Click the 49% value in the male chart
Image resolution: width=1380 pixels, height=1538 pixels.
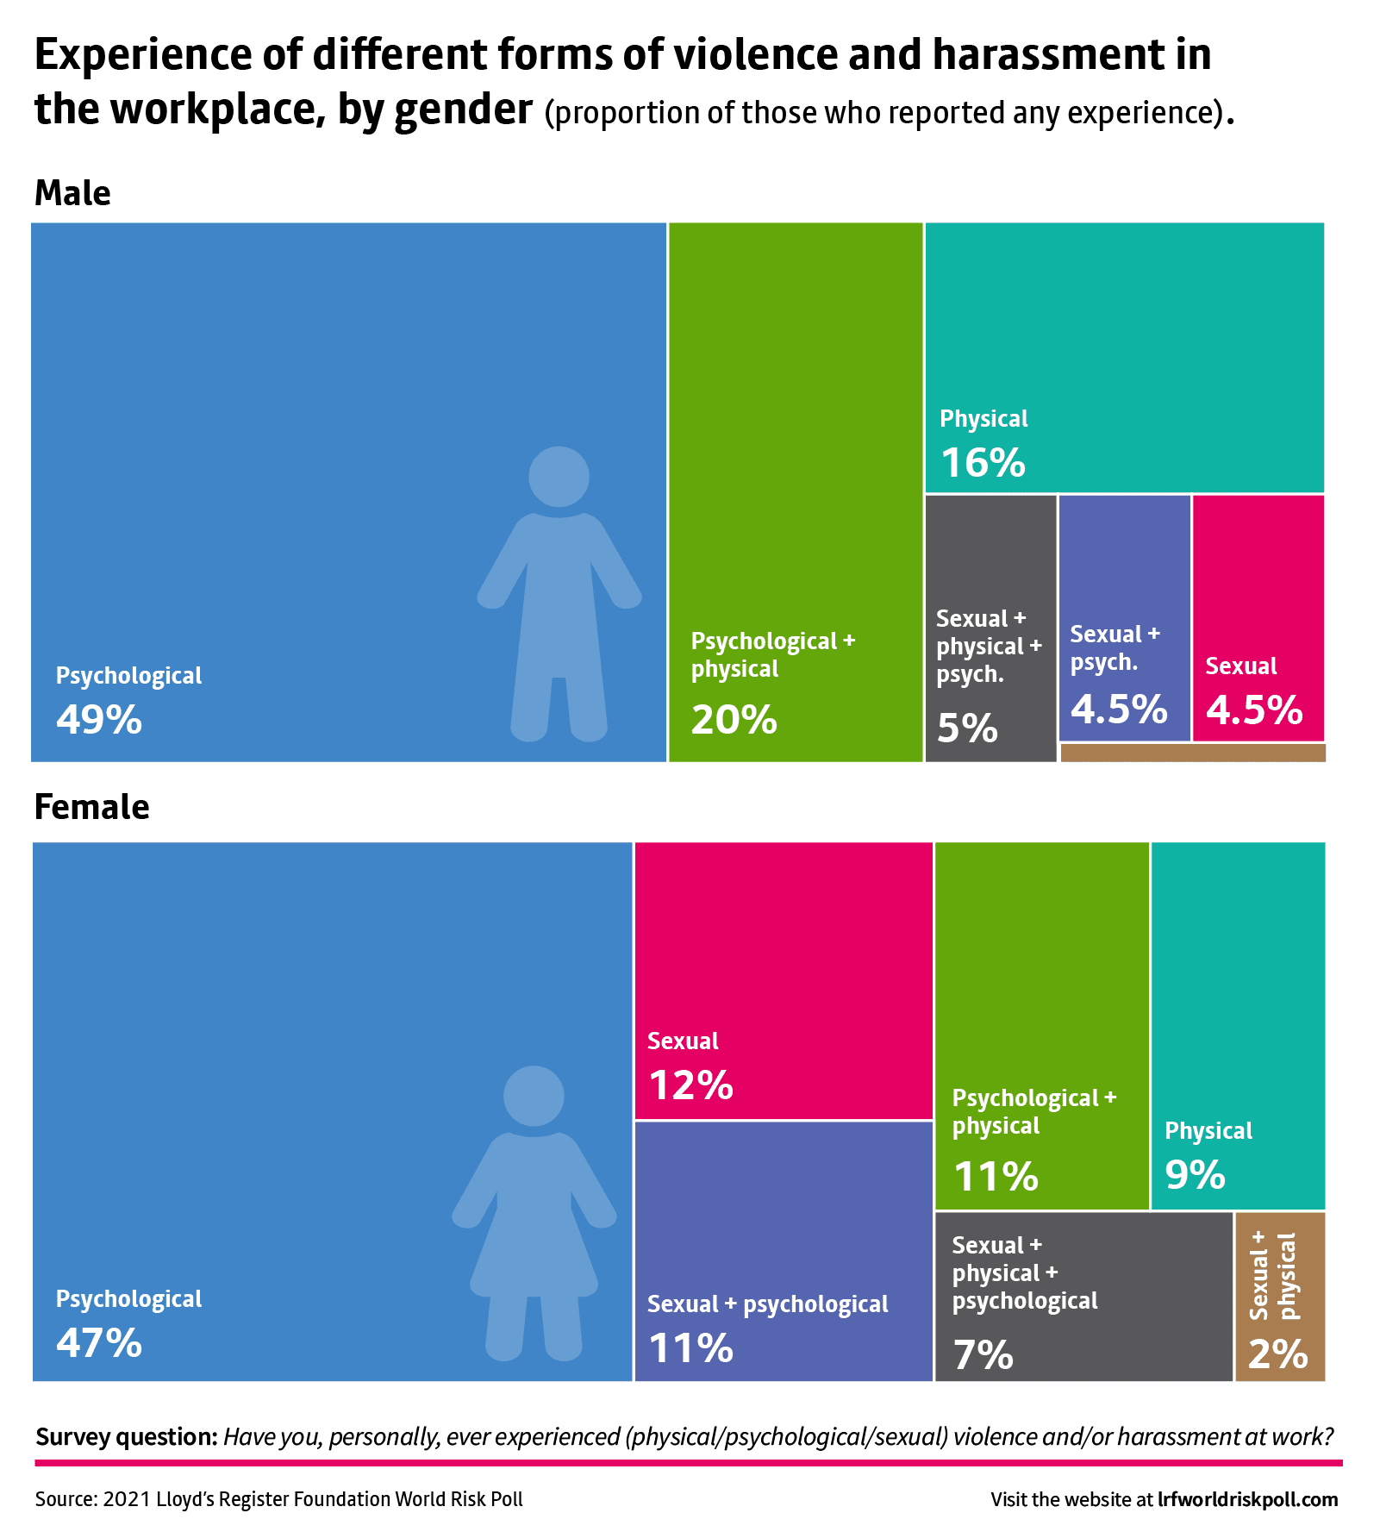(99, 719)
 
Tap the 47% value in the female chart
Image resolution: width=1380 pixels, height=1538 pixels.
(99, 1342)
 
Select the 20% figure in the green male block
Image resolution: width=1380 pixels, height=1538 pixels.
(734, 719)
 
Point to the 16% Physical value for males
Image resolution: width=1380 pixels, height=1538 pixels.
(983, 462)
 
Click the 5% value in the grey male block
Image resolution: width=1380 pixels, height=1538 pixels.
(967, 728)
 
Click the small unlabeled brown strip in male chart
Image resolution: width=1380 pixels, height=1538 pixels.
(1192, 753)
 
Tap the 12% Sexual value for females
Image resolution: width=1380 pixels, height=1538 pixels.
(690, 1085)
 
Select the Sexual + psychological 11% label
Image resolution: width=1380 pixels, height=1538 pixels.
(767, 1304)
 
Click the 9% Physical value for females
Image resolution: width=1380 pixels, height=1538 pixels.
(1195, 1174)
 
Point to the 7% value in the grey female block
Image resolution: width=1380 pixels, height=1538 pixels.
(983, 1354)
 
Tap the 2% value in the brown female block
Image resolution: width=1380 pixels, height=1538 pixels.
(1277, 1354)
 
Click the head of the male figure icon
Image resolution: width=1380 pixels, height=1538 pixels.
(559, 477)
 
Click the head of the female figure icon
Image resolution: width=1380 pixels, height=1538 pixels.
(534, 1096)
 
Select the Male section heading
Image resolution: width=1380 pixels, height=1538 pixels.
(72, 193)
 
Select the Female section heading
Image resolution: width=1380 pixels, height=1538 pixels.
(91, 807)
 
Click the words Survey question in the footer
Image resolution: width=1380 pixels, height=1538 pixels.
(126, 1437)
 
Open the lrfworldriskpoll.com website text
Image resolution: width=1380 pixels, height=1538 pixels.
(1247, 1499)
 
